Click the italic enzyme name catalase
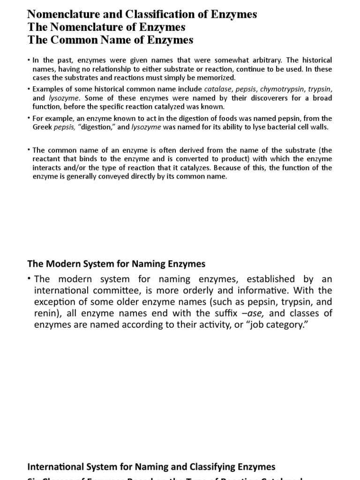[x=217, y=89]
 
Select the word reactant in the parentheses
[x=49, y=159]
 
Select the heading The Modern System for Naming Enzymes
[x=116, y=264]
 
